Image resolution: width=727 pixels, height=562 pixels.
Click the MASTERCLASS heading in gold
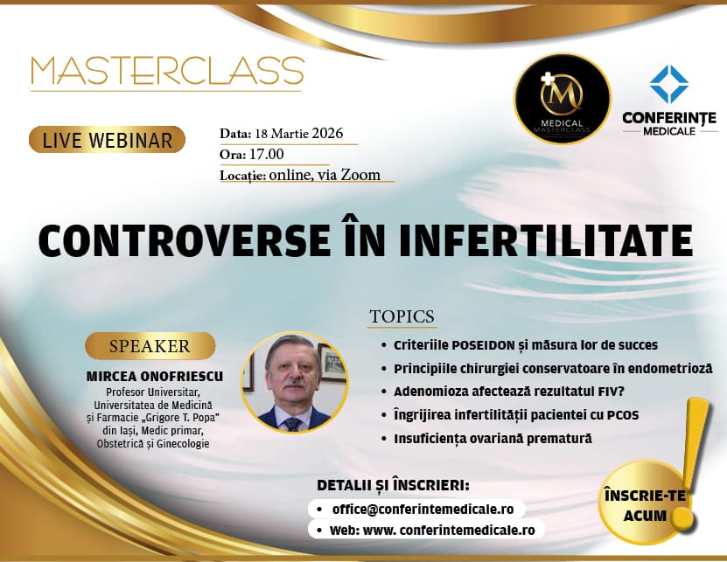(x=167, y=71)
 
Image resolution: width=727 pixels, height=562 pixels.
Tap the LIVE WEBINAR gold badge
(x=107, y=140)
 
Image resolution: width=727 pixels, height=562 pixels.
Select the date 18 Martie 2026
(x=299, y=134)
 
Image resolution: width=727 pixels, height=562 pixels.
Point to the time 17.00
(x=267, y=154)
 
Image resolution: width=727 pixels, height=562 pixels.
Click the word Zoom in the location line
(x=360, y=175)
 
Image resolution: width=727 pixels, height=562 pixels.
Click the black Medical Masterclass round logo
(x=562, y=99)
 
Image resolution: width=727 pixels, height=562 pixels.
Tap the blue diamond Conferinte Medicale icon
(x=669, y=84)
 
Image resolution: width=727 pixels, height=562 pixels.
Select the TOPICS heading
(x=402, y=316)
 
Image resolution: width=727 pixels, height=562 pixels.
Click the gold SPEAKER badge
(x=150, y=346)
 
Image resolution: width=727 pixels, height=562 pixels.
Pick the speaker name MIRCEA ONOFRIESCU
(x=155, y=376)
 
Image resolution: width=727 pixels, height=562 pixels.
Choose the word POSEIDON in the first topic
(x=484, y=345)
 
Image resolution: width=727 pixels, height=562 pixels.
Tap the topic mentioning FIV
(x=509, y=392)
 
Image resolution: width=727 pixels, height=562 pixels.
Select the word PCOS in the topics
(x=623, y=414)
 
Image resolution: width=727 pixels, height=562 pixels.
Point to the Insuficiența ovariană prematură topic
(x=493, y=438)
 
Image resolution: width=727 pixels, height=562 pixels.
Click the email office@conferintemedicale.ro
(x=423, y=510)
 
